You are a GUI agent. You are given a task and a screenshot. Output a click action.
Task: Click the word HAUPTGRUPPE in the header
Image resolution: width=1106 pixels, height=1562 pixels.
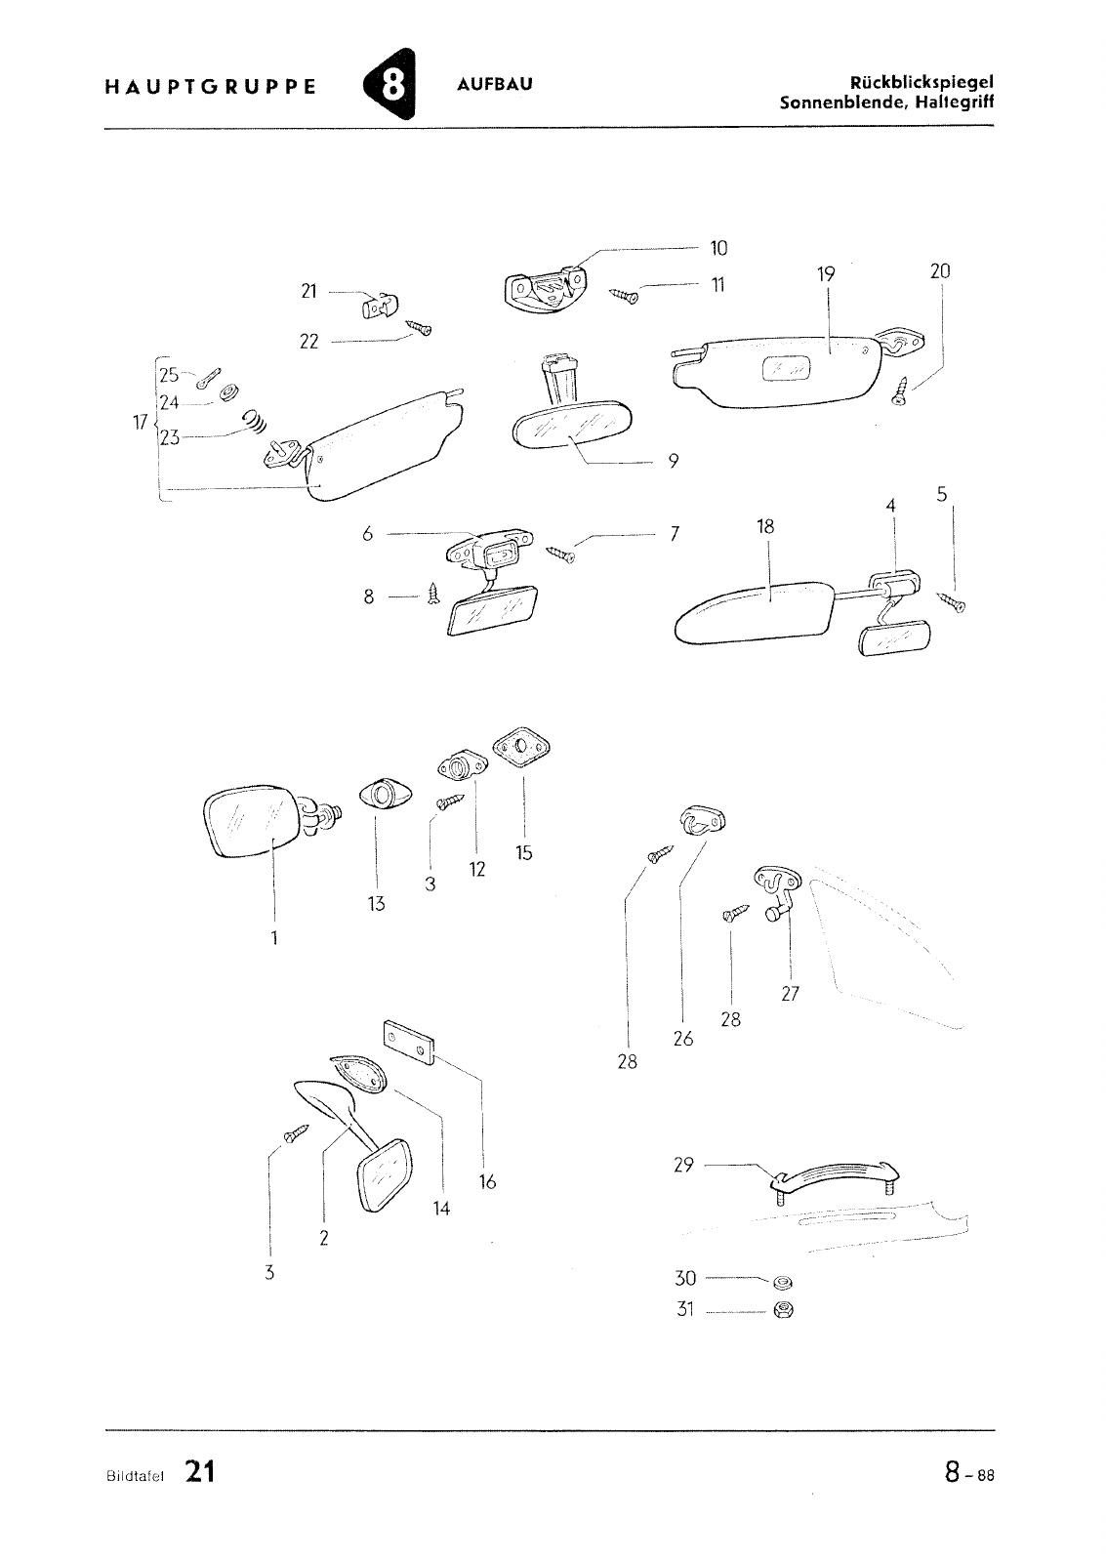click(x=210, y=85)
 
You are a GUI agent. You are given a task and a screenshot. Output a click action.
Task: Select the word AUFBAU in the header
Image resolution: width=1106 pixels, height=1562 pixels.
click(x=495, y=84)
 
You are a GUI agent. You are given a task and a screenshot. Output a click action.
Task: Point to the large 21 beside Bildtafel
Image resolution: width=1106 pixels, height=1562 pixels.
click(x=199, y=1472)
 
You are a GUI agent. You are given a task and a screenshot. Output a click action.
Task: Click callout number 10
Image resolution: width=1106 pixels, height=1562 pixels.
click(x=718, y=249)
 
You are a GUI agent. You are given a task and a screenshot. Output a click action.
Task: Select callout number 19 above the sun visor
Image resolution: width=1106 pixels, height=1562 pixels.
click(x=827, y=274)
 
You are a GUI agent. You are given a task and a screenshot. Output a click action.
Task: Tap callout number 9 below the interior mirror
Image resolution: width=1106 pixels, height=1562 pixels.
click(x=674, y=462)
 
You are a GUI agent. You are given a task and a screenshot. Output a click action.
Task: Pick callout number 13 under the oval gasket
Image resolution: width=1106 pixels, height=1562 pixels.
click(x=377, y=904)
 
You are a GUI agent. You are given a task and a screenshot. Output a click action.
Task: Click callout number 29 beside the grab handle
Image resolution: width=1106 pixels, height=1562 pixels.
click(x=683, y=1165)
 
